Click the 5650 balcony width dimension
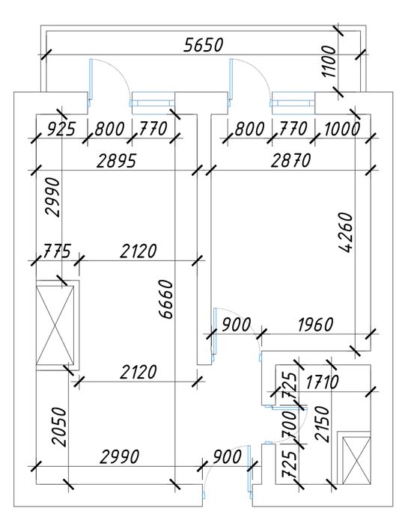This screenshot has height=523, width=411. pyautogui.click(x=203, y=45)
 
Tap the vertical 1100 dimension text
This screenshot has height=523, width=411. pyautogui.click(x=329, y=61)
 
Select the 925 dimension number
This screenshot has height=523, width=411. pyautogui.click(x=61, y=129)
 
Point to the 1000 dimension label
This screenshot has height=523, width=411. pyautogui.click(x=342, y=129)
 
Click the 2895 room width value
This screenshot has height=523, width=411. pyautogui.click(x=117, y=160)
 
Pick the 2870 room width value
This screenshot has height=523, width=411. pyautogui.click(x=291, y=160)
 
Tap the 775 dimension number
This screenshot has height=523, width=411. pyautogui.click(x=58, y=251)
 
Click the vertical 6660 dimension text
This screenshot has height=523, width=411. pyautogui.click(x=165, y=299)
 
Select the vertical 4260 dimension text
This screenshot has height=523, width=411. pyautogui.click(x=345, y=233)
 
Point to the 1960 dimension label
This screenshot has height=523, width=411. pyautogui.click(x=315, y=324)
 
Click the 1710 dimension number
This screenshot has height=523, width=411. pyautogui.click(x=322, y=382)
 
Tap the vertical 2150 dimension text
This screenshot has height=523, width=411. pyautogui.click(x=322, y=424)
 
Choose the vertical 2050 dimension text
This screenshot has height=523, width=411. pyautogui.click(x=60, y=426)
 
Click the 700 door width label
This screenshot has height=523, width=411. pyautogui.click(x=289, y=425)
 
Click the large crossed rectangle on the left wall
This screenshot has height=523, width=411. pyautogui.click(x=55, y=324)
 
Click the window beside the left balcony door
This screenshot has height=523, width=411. pyautogui.click(x=153, y=99)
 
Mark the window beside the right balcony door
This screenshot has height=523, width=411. pyautogui.click(x=293, y=99)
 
